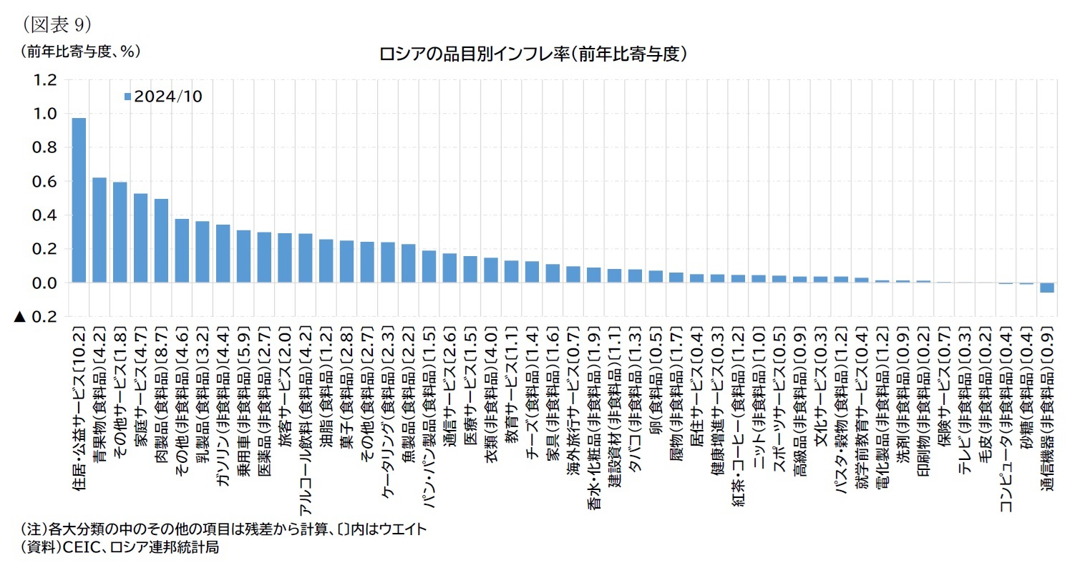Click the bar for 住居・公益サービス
pyautogui.click(x=79, y=200)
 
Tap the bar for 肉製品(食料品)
pyautogui.click(x=161, y=241)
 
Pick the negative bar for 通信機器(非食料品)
pyautogui.click(x=1046, y=288)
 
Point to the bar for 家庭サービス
pyautogui.click(x=140, y=238)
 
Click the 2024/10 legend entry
pyautogui.click(x=163, y=96)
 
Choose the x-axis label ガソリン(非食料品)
pyautogui.click(x=223, y=407)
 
